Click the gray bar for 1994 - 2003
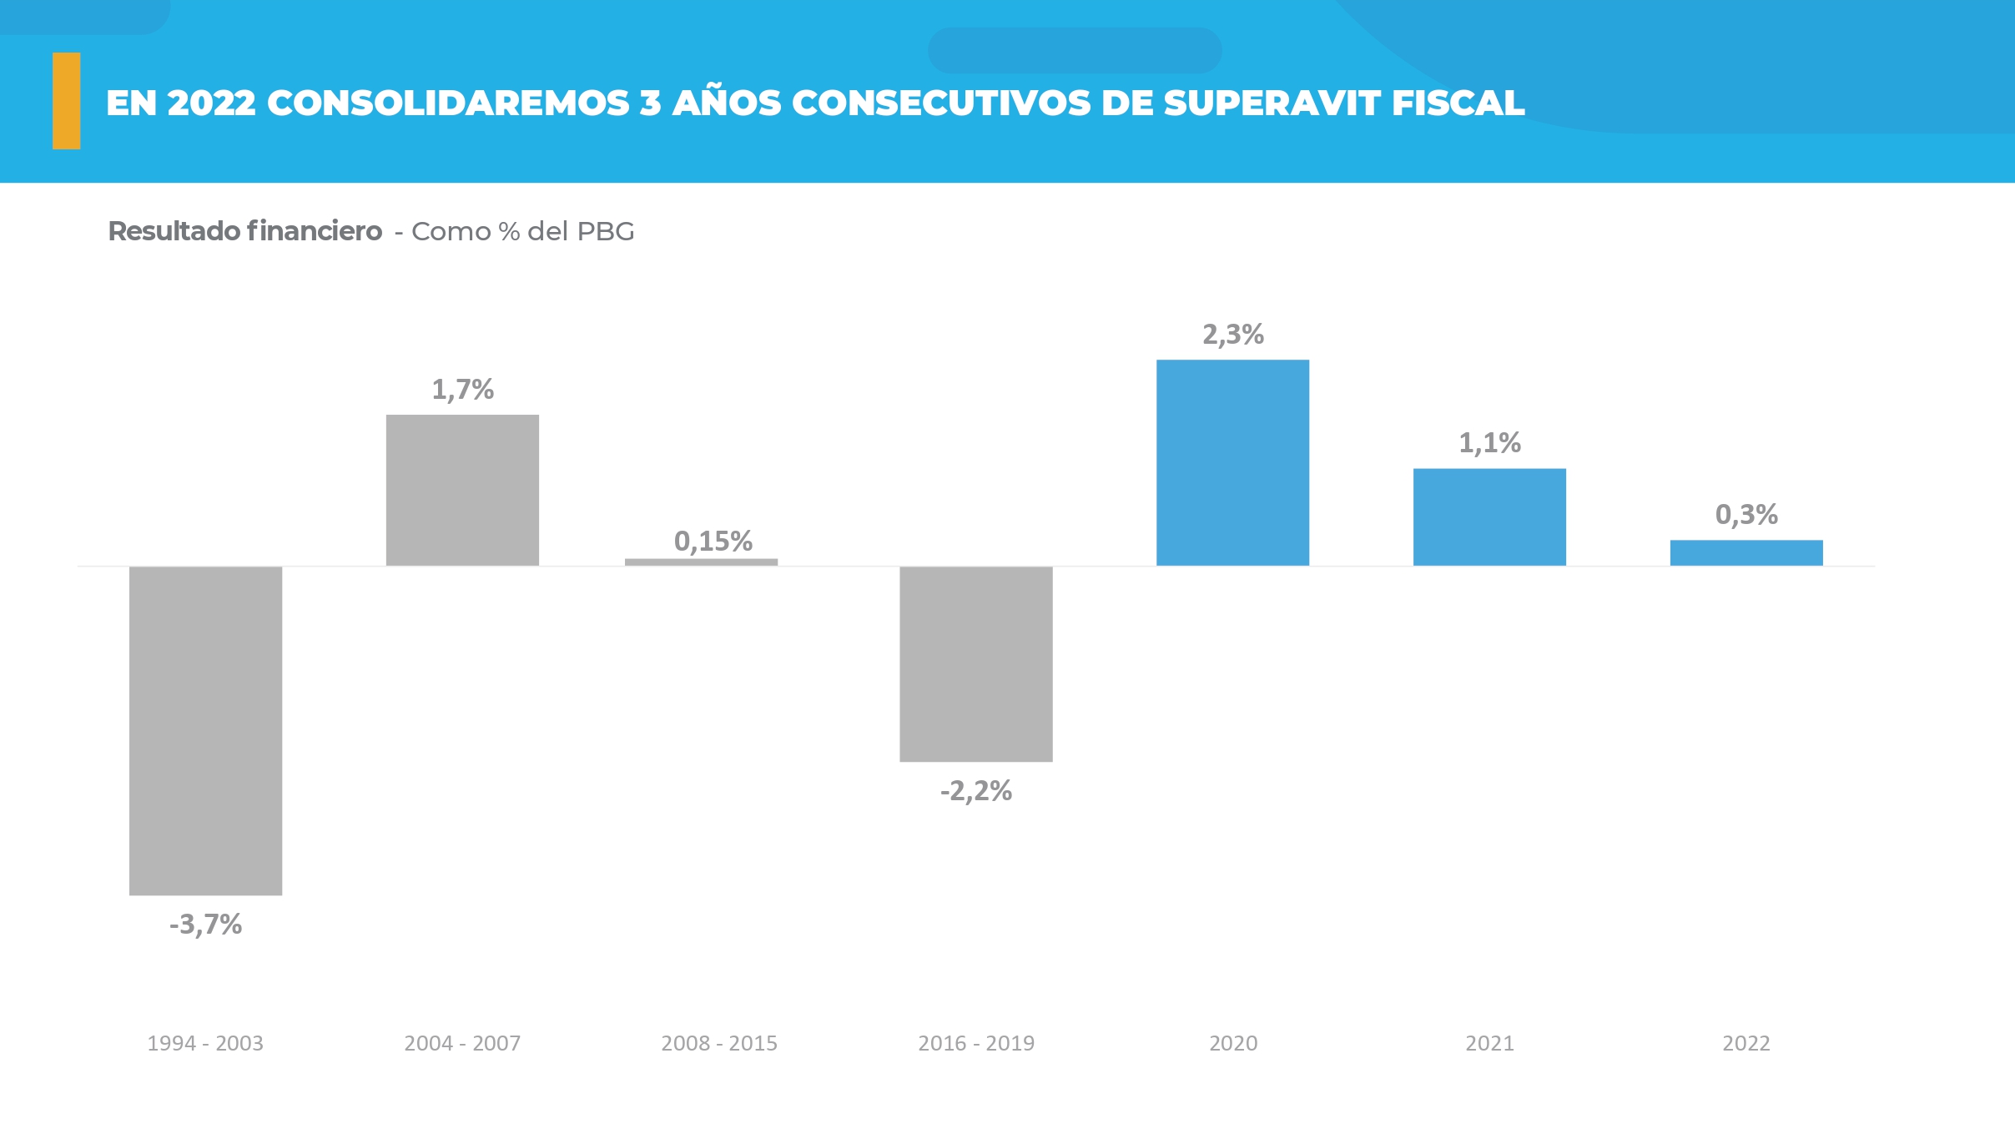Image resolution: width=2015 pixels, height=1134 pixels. [205, 730]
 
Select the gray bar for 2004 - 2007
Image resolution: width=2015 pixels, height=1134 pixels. [462, 490]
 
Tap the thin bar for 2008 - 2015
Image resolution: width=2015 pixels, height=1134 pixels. [701, 562]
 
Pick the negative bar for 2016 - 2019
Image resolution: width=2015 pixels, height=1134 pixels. [975, 663]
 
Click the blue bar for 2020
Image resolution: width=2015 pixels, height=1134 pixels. [1232, 462]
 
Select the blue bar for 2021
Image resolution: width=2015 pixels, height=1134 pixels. [1489, 517]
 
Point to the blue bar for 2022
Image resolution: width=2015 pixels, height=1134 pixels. [1746, 552]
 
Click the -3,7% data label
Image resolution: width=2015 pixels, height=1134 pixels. [205, 925]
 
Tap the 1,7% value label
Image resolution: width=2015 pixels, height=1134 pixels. [462, 390]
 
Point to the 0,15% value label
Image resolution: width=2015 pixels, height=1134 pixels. [713, 542]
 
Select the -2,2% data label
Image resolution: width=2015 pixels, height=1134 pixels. [976, 791]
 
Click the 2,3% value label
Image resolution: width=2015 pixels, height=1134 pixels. [1232, 335]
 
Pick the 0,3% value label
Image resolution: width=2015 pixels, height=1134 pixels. [1746, 515]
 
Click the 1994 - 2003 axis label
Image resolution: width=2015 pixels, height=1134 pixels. [205, 1043]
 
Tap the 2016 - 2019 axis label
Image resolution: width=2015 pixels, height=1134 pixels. [976, 1043]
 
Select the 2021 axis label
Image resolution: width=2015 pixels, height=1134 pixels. [1489, 1043]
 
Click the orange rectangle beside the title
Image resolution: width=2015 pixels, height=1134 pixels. [67, 101]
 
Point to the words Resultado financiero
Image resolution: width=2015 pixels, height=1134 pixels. [245, 231]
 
